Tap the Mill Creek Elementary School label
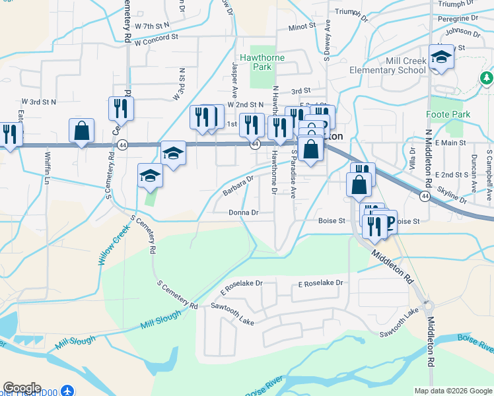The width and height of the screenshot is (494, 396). (397, 65)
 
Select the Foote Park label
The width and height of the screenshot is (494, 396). (448, 114)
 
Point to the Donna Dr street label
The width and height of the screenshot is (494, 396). (243, 213)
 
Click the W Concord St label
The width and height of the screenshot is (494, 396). (157, 39)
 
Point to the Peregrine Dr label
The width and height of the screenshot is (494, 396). (458, 18)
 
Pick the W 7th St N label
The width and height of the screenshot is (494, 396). (152, 25)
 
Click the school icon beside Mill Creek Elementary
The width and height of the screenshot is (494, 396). (441, 59)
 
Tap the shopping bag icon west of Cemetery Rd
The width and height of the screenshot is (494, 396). (81, 131)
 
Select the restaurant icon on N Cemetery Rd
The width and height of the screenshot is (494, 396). (121, 109)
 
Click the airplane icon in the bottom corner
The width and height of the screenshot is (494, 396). (67, 390)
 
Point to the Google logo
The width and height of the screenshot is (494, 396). (22, 388)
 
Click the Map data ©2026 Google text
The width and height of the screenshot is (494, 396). (452, 391)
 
